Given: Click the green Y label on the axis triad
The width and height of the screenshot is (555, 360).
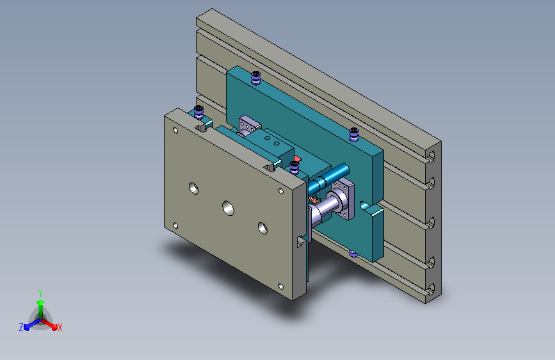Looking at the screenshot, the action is [x=40, y=293].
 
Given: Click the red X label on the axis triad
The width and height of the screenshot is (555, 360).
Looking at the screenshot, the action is [x=60, y=328].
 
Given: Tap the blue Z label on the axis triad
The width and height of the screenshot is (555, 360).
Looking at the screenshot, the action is [x=21, y=327].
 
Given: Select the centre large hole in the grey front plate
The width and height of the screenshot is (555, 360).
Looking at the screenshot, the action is [x=229, y=208].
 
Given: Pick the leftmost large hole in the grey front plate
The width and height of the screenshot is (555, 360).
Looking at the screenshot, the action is [x=193, y=188].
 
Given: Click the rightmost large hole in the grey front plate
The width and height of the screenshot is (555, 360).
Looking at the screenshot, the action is [x=262, y=228].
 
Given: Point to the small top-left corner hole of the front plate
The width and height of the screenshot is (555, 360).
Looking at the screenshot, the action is [x=175, y=131].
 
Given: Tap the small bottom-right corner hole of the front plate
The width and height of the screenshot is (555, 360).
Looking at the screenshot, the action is [x=281, y=286].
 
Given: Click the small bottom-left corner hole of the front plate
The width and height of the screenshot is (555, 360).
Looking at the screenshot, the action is [x=175, y=225].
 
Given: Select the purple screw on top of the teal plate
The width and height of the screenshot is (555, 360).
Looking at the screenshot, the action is [x=256, y=78].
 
